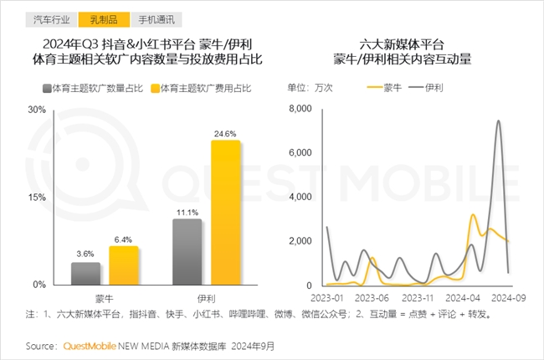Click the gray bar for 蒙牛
[x=85, y=274]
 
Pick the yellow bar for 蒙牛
[x=123, y=265]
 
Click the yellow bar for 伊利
[x=225, y=213]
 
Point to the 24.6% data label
[x=225, y=134]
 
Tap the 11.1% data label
[x=187, y=213]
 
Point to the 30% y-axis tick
[x=37, y=110]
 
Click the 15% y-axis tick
[x=37, y=197]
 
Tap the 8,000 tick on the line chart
[x=299, y=110]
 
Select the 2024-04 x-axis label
[x=462, y=296]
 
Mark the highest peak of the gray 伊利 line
[x=499, y=121]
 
